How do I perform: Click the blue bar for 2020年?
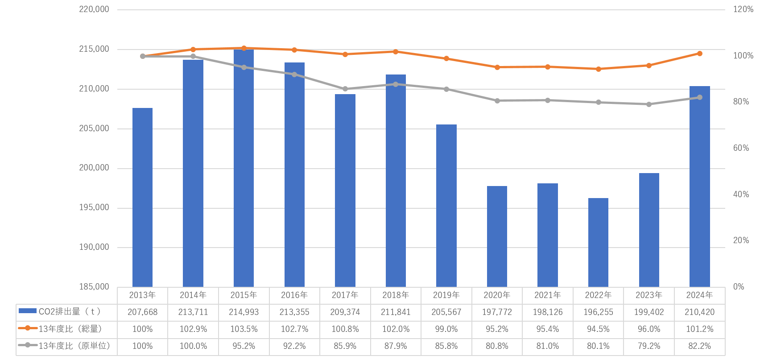[x=497, y=236]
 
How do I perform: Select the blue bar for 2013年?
[x=142, y=198]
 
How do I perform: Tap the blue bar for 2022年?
[x=598, y=242]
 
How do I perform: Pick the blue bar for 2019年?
[x=446, y=206]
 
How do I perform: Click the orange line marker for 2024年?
[x=699, y=54]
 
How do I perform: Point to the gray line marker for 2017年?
[x=345, y=89]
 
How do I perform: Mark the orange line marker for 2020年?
[x=497, y=67]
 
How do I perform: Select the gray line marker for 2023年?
[x=649, y=104]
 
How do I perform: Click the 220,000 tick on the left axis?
[x=94, y=9]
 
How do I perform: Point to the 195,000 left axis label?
[x=94, y=208]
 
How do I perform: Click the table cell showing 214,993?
[x=244, y=312]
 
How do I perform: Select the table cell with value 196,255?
[x=598, y=312]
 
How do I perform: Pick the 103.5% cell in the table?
[x=244, y=329]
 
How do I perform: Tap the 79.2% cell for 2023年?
[x=649, y=346]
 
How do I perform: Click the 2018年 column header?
[x=396, y=295]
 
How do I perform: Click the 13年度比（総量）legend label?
[x=70, y=329]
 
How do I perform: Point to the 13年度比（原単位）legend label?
[x=74, y=346]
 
